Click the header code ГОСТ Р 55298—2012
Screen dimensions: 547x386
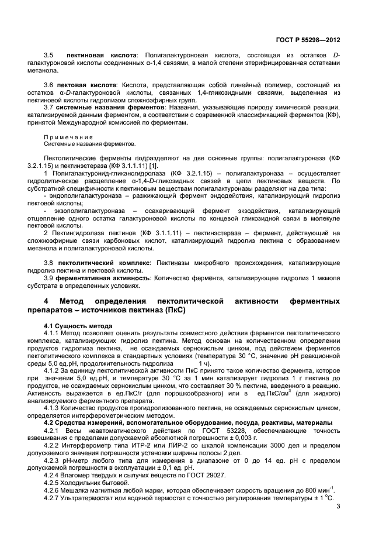click(308, 40)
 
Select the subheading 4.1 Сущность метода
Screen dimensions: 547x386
click(78, 325)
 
